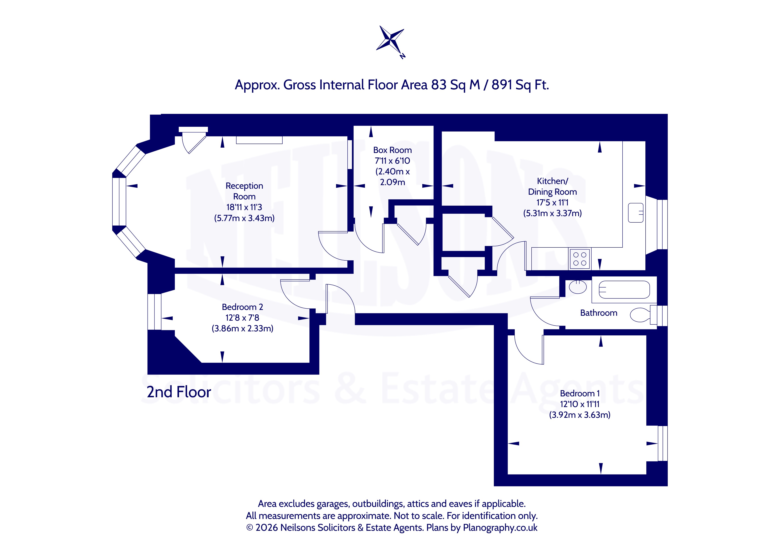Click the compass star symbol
(390, 40)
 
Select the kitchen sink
(636, 213)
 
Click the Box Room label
(392, 150)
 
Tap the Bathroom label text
(599, 313)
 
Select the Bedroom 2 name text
(242, 307)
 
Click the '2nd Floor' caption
(179, 392)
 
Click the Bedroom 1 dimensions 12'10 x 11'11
(580, 404)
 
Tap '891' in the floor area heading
(502, 85)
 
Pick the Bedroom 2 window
(154, 312)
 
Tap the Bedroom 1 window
(662, 443)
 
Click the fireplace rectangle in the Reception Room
(259, 140)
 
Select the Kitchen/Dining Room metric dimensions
(552, 213)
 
